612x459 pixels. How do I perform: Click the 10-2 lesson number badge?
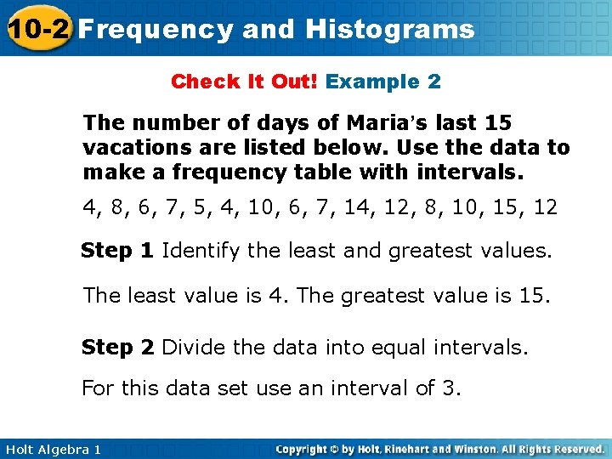coord(37,29)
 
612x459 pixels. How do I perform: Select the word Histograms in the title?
coord(390,30)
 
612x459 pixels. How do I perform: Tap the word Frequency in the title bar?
coord(156,30)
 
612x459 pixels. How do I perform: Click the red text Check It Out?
coord(245,82)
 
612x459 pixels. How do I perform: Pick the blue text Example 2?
coord(383,82)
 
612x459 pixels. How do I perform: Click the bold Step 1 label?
coord(118,251)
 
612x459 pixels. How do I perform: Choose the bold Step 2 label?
coord(118,348)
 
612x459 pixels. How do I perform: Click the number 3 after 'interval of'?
coord(449,388)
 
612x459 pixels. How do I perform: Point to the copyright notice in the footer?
coord(439,449)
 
